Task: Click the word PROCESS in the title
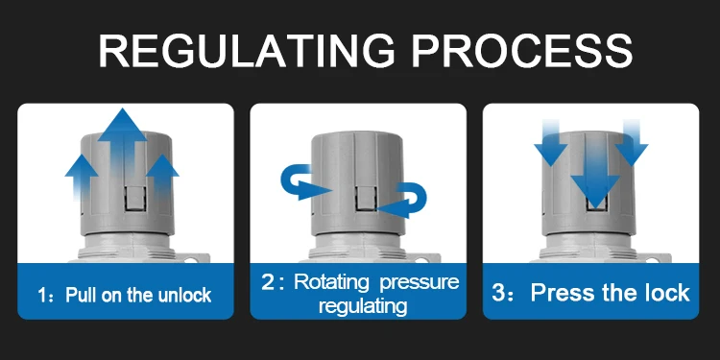[x=522, y=51]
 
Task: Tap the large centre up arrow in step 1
[x=123, y=147]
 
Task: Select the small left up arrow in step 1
[x=82, y=178]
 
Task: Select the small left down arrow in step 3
[x=551, y=142]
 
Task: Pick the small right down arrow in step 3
[x=632, y=142]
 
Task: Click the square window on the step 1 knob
[x=135, y=199]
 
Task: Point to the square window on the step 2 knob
[x=366, y=199]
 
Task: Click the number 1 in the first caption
[x=42, y=296]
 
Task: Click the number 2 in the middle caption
[x=267, y=282]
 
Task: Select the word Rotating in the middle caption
[x=331, y=281]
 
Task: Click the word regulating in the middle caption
[x=363, y=306]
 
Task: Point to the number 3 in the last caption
[x=498, y=293]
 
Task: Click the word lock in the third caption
[x=668, y=293]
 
